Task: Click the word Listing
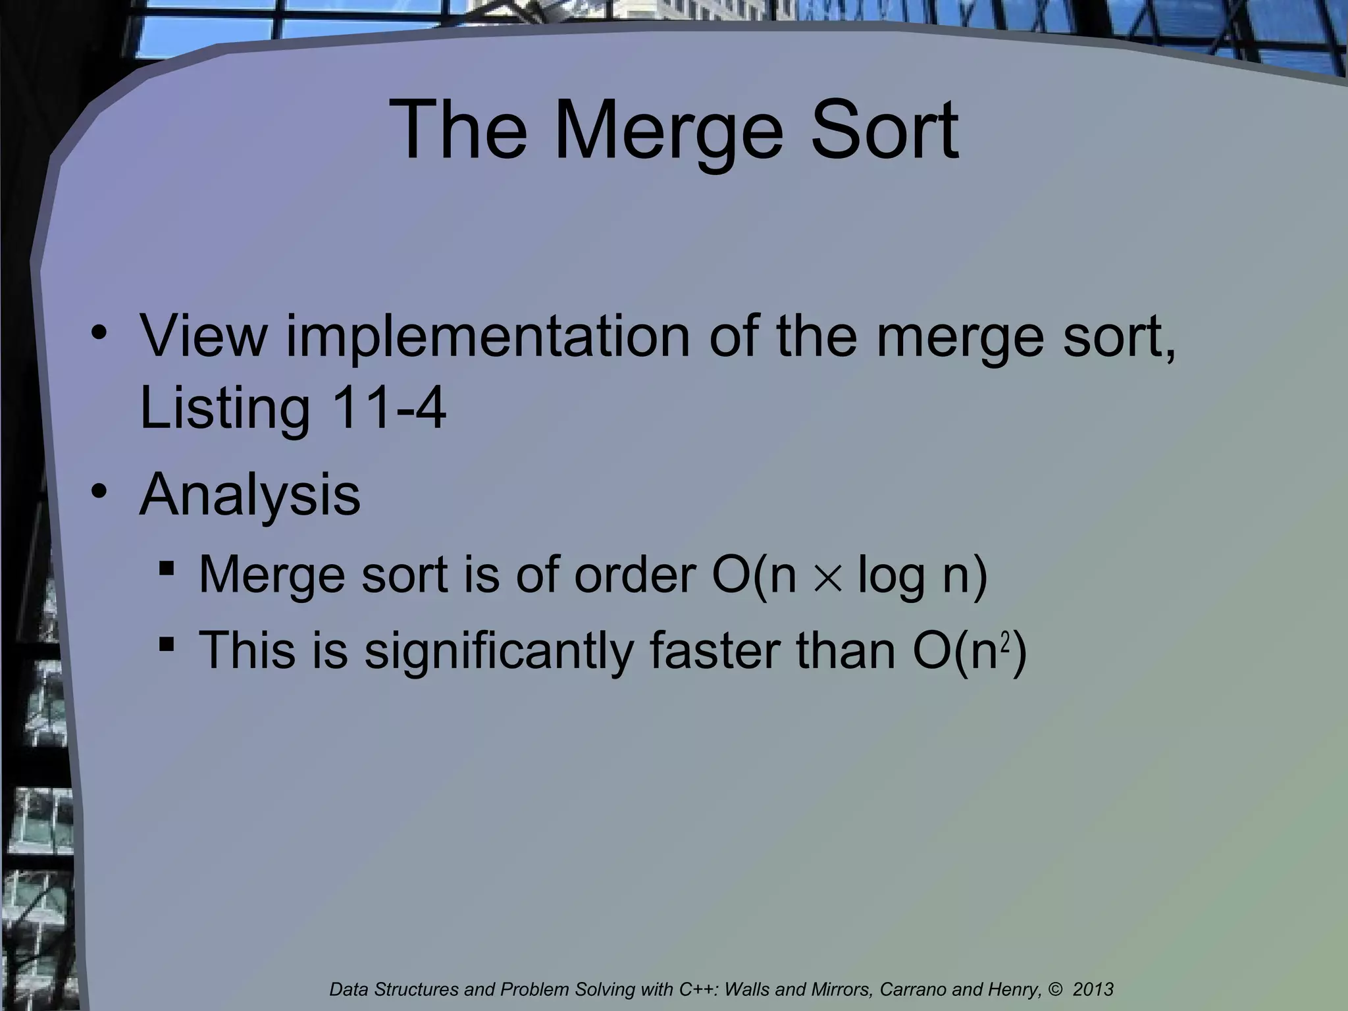click(224, 409)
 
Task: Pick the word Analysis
click(250, 496)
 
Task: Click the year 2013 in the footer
click(1093, 989)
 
